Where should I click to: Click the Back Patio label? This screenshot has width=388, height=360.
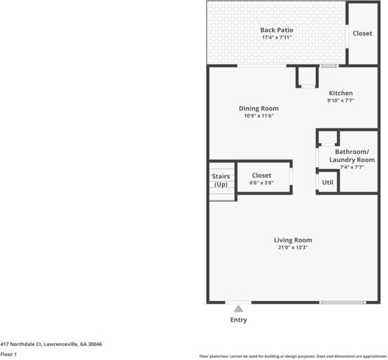pos(276,30)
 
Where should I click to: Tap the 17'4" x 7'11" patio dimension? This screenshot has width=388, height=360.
pos(276,38)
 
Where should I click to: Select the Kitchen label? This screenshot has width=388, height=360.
pos(341,93)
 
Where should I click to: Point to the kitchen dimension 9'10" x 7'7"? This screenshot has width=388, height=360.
pos(341,101)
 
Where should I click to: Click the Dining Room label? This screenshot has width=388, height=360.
pos(259,108)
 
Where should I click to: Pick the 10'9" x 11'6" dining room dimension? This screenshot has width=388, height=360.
pos(259,116)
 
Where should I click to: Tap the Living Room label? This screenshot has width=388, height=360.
pos(293,240)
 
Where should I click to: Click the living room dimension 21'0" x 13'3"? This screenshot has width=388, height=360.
pos(293,247)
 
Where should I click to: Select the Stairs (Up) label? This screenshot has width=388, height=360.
pos(221,181)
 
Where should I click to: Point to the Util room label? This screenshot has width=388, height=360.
pos(327,182)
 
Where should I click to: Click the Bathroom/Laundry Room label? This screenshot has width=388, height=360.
pos(352,156)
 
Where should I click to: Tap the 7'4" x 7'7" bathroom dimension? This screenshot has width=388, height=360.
pos(352,167)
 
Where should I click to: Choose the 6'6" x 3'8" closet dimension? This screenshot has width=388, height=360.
pos(261,182)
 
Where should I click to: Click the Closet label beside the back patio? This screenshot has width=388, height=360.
pos(363,33)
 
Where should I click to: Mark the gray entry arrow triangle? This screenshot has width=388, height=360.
pos(238,308)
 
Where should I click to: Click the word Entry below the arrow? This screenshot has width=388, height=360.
pos(238,320)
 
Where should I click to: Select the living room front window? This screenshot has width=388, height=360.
pos(343,302)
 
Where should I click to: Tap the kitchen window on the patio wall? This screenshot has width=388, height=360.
pos(329,66)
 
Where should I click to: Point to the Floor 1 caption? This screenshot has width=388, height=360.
pos(8,355)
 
